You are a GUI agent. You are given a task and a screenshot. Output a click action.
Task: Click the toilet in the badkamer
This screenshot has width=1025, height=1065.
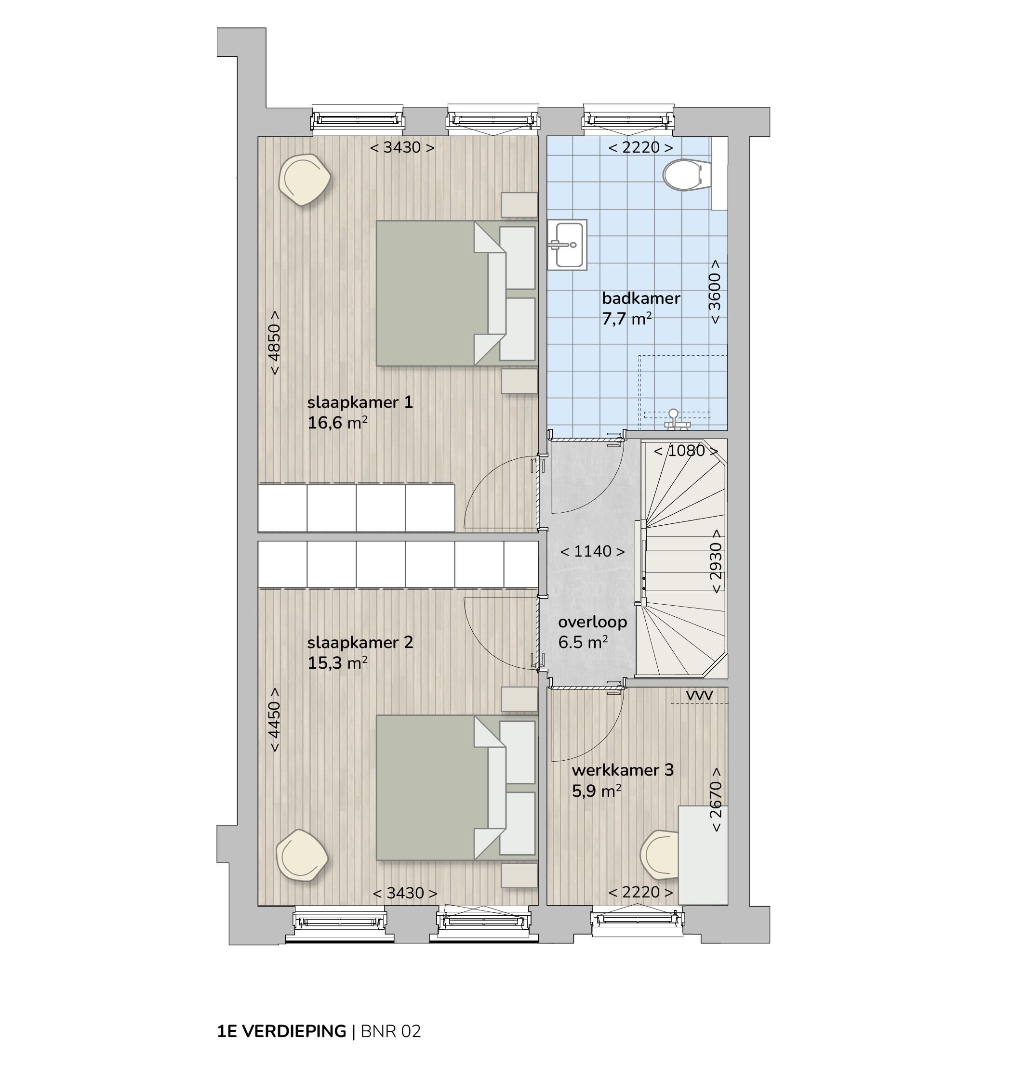687,175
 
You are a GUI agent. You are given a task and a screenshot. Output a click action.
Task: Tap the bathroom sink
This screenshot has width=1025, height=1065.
567,245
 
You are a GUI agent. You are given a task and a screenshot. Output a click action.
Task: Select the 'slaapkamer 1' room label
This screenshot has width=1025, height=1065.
360,403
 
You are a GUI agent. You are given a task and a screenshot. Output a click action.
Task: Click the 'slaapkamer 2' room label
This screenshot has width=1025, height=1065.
360,643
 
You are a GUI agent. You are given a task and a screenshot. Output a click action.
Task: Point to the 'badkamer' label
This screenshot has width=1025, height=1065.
640,299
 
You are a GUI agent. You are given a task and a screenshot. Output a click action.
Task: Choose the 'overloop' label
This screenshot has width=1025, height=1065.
592,622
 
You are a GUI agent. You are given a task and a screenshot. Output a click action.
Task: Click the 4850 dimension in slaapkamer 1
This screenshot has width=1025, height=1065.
275,342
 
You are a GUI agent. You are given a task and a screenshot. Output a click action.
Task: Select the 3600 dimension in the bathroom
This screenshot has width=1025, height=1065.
715,292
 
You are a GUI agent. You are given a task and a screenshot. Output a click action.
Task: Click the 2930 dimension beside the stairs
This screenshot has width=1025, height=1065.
716,561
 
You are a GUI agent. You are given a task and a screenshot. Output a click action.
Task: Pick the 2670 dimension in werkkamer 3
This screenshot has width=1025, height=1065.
716,799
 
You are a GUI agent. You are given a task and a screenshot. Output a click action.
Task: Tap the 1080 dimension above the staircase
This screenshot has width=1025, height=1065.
686,451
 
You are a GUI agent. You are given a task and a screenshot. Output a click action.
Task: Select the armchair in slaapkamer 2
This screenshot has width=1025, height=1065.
302,855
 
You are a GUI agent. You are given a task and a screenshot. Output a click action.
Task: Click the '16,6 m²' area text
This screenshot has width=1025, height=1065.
337,423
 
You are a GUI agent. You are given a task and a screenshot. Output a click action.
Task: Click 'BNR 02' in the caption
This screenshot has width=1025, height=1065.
390,1031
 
